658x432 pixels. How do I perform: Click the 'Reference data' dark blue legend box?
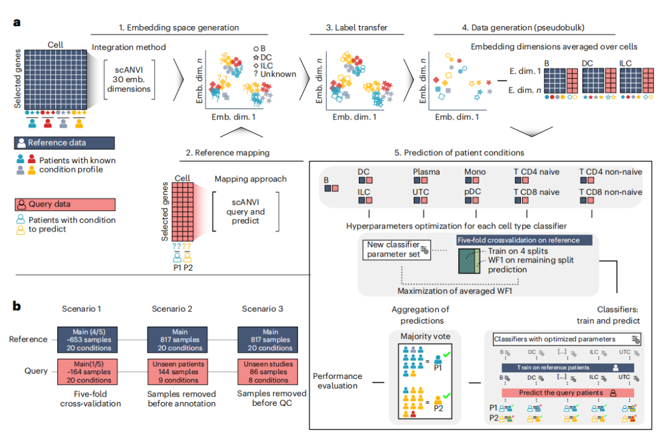(64, 143)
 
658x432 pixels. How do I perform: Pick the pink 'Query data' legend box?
(64, 205)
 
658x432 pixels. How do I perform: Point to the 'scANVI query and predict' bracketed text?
(246, 211)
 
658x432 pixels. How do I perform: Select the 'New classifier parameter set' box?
(394, 249)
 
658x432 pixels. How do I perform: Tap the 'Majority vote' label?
(425, 336)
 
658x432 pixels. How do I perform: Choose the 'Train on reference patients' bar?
(561, 368)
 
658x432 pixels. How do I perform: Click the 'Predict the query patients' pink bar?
(561, 393)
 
